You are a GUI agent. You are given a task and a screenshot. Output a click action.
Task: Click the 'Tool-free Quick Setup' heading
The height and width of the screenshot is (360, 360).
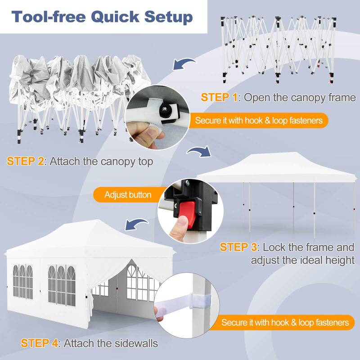[102, 17]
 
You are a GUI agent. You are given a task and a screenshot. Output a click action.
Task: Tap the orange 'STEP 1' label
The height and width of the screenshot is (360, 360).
[219, 97]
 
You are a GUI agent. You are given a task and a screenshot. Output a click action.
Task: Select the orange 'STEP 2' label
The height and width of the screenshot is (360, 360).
[26, 161]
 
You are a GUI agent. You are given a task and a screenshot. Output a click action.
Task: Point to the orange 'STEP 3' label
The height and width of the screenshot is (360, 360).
[238, 247]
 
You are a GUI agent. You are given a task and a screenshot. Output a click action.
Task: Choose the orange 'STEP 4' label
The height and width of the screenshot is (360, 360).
[40, 343]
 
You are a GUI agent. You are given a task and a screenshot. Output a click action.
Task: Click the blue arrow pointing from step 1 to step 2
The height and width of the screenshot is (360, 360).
[184, 63]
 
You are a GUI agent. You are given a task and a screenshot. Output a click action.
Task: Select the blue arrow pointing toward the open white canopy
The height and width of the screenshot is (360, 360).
[199, 152]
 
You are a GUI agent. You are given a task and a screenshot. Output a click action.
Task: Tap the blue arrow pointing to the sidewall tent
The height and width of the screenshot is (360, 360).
[137, 224]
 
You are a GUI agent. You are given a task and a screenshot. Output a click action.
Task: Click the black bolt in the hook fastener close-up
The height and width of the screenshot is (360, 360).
[165, 110]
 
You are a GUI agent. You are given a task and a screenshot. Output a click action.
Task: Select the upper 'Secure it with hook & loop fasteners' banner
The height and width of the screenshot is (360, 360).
[258, 121]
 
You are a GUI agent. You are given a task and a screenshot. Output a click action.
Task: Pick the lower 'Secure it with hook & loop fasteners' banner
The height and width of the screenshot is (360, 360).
[282, 323]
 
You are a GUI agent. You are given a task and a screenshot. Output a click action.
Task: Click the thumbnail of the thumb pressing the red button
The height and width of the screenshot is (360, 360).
[190, 211]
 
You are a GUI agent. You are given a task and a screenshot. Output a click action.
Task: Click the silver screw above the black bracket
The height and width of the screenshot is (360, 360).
[188, 183]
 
